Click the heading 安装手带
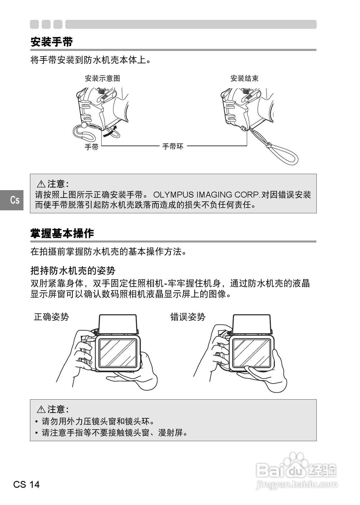52,42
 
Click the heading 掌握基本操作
62,233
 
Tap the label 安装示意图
102,78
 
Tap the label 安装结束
244,78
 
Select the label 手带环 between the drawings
173,146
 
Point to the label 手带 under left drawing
91,147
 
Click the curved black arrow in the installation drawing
110,132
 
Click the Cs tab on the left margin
15,200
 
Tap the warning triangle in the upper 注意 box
41,184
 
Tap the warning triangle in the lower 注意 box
41,410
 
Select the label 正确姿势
51,317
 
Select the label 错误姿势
188,317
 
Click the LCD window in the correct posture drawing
117,353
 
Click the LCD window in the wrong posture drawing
251,353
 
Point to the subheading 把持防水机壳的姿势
73,270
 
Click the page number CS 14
26,485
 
